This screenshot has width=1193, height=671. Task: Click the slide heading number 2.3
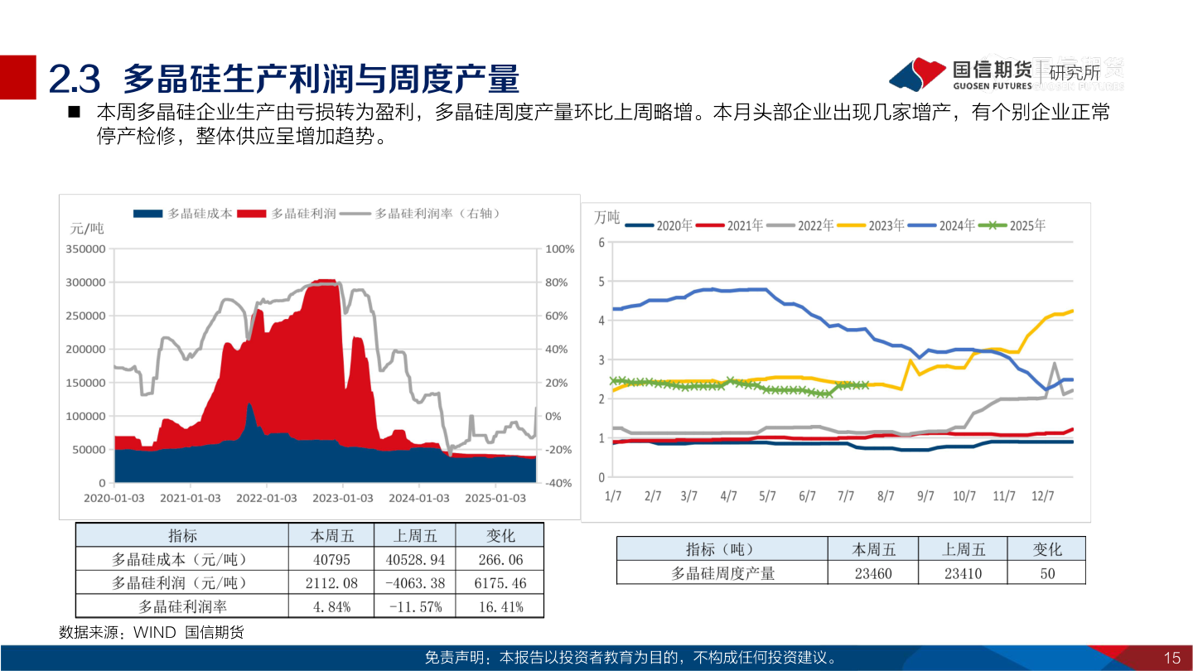pos(75,79)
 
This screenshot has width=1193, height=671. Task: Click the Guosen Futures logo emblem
pos(918,75)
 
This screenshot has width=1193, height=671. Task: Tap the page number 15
pos(1171,659)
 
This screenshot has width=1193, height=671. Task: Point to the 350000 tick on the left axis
pos(85,249)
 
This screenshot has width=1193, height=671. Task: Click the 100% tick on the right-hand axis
pos(559,249)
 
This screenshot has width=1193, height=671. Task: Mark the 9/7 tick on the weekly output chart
pos(925,496)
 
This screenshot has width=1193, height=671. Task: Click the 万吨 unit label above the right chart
pos(606,218)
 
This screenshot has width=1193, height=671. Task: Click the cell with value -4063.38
pos(415,583)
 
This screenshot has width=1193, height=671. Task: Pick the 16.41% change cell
pos(500,606)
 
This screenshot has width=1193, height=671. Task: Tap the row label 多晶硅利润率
pos(181,606)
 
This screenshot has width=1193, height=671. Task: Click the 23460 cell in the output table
pos(874,572)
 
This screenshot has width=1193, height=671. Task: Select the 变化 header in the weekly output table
pos(1046,549)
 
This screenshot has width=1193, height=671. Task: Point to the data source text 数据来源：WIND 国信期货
pos(152,632)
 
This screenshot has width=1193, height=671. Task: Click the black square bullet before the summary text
pos(74,112)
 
